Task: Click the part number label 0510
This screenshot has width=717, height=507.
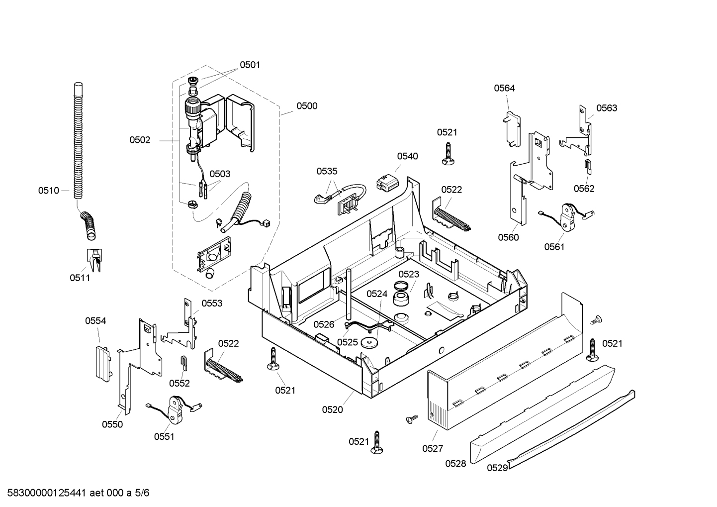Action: (49, 191)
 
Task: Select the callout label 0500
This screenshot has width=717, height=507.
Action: (307, 105)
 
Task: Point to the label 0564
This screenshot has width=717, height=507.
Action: (505, 88)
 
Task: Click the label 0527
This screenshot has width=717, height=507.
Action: (433, 448)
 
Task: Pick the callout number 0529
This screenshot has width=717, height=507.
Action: (497, 468)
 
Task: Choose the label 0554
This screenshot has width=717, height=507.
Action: (95, 320)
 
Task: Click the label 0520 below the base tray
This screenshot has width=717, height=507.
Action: (332, 409)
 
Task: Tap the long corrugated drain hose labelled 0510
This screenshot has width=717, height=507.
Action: (78, 141)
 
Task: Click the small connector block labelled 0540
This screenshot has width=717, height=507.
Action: (388, 182)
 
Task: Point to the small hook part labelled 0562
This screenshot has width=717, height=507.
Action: (588, 167)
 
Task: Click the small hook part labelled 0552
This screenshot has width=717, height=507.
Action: (184, 363)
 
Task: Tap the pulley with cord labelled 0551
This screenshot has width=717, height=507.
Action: (175, 410)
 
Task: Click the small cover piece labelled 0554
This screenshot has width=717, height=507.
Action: (103, 363)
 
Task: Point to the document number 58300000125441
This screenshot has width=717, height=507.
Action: (47, 493)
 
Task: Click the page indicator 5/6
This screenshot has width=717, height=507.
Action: (142, 493)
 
